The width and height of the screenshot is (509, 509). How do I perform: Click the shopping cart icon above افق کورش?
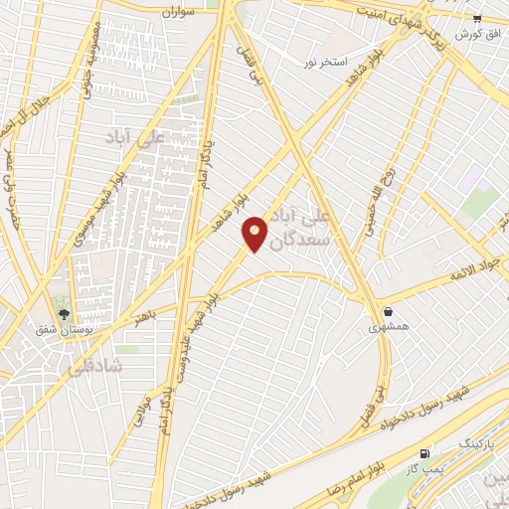477,18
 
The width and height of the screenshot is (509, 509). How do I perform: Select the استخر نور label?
326,62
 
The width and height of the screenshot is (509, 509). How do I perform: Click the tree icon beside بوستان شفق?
65,314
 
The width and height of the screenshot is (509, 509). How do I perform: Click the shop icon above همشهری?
386,311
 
